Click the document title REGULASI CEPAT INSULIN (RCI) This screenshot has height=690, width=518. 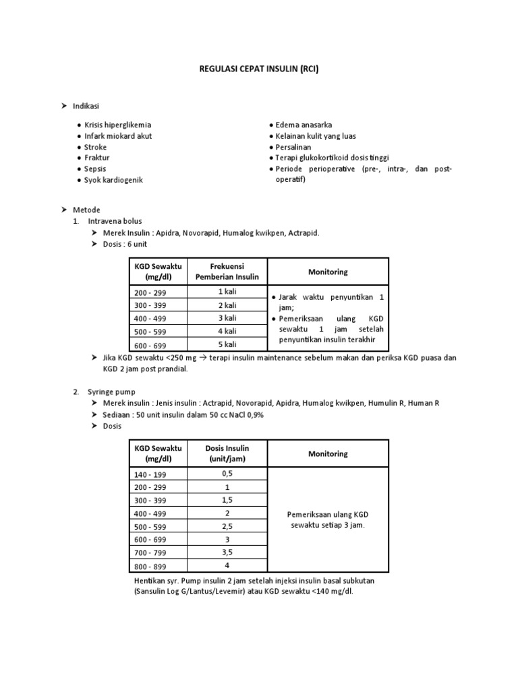point(259,69)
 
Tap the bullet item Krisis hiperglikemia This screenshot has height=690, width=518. point(118,125)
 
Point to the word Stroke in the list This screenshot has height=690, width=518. point(96,147)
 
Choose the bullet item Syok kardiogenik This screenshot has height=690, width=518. point(113,180)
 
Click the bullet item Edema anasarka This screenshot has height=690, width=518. point(304,125)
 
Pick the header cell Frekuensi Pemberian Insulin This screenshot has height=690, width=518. point(227,272)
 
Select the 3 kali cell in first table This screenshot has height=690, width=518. point(227,318)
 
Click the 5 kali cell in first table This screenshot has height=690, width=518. point(227,344)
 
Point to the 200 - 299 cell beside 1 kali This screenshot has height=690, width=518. point(150,293)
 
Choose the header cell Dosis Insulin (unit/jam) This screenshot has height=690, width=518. point(227,453)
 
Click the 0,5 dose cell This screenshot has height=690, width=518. point(227,474)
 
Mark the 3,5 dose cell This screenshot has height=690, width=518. point(227,552)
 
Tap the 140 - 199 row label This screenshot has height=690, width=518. point(150,474)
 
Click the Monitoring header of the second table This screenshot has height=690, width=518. point(328,453)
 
